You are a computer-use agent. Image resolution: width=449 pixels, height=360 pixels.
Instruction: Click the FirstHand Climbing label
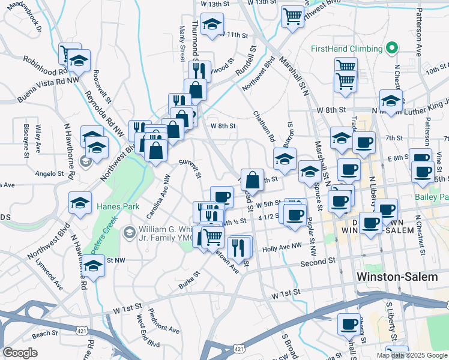[346, 49]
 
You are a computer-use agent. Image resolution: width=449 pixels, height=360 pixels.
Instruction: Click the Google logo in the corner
[20, 353]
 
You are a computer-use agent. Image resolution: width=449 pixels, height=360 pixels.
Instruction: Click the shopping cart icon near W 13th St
[292, 16]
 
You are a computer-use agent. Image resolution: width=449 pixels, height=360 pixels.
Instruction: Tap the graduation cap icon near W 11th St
[212, 25]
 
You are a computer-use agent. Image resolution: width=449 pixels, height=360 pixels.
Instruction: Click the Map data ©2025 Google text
[412, 355]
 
